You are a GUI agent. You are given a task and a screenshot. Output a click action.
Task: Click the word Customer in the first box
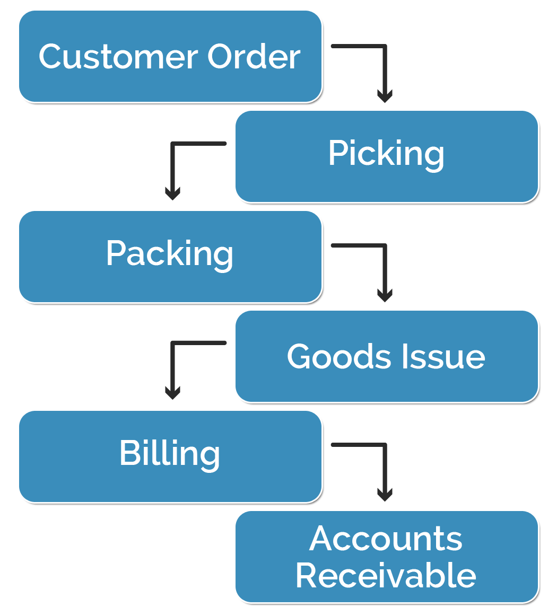click(x=118, y=56)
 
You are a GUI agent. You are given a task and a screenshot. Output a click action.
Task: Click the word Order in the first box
click(x=254, y=56)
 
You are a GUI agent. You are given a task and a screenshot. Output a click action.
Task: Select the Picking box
click(x=386, y=156)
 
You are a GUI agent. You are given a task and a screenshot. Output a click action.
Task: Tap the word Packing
click(x=170, y=254)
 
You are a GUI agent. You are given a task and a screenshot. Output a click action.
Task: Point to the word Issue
click(x=443, y=356)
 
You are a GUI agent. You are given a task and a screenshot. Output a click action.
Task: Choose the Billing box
click(x=170, y=455)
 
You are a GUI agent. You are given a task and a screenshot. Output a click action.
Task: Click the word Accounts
click(x=386, y=539)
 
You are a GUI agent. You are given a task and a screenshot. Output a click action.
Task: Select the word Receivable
click(x=386, y=575)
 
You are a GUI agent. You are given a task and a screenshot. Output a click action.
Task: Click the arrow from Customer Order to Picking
click(x=384, y=64)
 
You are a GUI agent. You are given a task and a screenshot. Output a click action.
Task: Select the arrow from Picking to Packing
click(x=173, y=164)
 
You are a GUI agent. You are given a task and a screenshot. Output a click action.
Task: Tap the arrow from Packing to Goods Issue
click(x=384, y=265)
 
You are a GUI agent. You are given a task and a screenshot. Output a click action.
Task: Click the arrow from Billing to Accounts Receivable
click(x=384, y=464)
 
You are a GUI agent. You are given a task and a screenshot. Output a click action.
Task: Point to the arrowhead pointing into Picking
click(x=385, y=96)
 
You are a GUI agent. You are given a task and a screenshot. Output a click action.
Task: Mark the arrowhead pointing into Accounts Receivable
click(x=385, y=495)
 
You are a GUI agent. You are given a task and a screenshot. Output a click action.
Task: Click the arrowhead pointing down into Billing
click(x=172, y=393)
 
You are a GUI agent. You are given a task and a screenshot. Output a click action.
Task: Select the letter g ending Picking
click(x=433, y=156)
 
